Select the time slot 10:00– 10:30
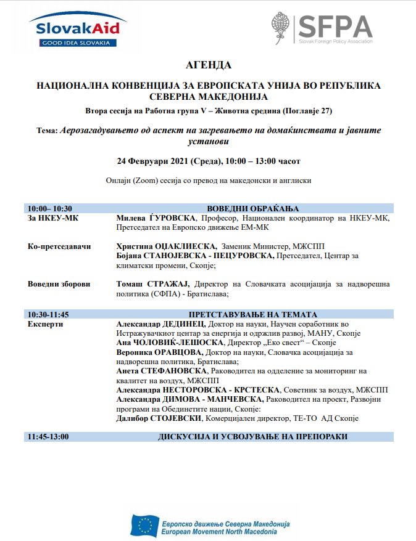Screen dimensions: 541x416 [x=49, y=208]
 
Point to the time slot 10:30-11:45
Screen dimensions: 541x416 [x=48, y=314]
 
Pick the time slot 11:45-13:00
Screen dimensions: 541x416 [x=48, y=436]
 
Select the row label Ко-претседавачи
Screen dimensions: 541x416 [x=59, y=246]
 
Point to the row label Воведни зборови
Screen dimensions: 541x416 [x=59, y=284]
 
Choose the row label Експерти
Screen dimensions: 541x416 [x=45, y=323]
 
